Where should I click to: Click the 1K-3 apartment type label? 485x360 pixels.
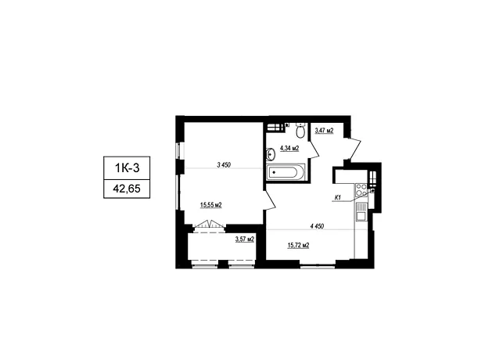point(128,168)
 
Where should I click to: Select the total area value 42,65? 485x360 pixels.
point(127,189)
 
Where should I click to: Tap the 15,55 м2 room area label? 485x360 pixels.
point(211,204)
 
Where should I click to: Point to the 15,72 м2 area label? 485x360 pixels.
point(299,246)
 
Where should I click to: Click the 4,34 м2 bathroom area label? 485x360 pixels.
point(289,148)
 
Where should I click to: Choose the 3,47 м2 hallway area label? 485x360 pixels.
point(324,131)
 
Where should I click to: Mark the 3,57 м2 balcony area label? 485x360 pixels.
point(245,239)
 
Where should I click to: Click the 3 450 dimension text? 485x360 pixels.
point(224,165)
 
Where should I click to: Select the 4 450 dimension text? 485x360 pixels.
point(317,226)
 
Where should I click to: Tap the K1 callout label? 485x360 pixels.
point(338,197)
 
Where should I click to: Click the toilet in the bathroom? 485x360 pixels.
point(300,131)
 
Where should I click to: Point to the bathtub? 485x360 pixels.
point(286,172)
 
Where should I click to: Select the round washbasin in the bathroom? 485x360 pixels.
point(271,154)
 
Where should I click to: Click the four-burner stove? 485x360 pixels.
point(361,190)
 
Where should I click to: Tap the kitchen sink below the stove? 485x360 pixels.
point(361,213)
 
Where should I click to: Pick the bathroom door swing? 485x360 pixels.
point(314,149)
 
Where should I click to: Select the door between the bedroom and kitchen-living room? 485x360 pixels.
point(270,200)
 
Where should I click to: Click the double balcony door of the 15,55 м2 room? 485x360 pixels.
point(210,225)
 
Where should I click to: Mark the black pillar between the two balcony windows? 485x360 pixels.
point(223,264)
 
